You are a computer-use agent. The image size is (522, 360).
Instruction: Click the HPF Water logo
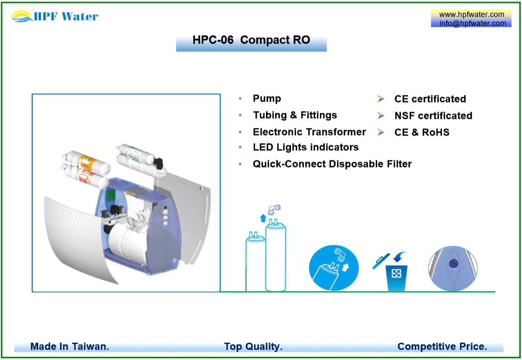tap(55, 17)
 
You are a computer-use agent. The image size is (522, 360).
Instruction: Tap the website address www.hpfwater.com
tap(472, 15)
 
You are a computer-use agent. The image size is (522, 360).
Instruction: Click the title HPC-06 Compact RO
tap(251, 40)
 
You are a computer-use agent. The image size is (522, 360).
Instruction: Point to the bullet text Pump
tap(267, 99)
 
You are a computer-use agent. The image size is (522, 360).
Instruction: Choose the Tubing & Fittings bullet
tap(295, 115)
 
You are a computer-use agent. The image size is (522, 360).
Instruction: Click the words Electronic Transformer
tap(309, 132)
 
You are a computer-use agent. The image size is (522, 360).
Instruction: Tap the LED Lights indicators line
tap(306, 147)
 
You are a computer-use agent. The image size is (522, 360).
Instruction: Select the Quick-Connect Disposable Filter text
tap(332, 164)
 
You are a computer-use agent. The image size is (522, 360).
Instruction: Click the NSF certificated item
tap(433, 116)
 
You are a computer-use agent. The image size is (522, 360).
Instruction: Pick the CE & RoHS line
tap(422, 133)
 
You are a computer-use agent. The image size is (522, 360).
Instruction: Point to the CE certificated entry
tap(430, 99)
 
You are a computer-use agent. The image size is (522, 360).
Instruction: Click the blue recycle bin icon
tap(396, 276)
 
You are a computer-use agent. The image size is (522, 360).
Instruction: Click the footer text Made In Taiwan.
tap(70, 347)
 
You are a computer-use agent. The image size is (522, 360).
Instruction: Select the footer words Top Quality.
tap(253, 347)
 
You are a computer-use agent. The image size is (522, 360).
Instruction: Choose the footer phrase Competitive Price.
tap(442, 347)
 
